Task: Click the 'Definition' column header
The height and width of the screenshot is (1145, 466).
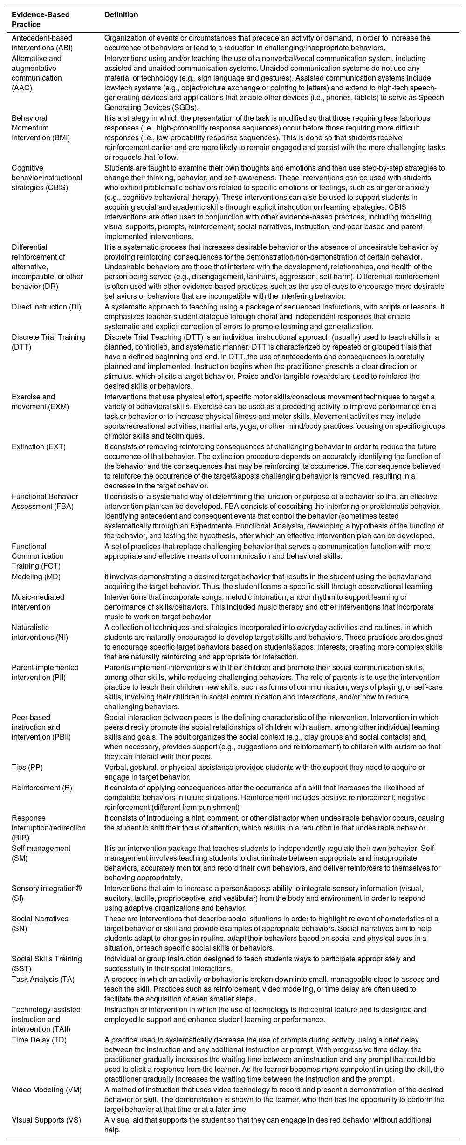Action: tap(121, 15)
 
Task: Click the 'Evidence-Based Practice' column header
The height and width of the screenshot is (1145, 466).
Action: tap(41, 20)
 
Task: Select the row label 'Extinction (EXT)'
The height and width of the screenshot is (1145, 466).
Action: tap(39, 447)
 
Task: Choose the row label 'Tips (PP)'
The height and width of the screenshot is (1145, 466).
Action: tap(27, 768)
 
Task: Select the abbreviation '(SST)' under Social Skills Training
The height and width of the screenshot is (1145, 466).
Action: tap(21, 968)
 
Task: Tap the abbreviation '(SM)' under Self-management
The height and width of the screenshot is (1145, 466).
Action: tap(20, 858)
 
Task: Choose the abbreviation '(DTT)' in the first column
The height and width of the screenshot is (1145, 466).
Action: tap(21, 347)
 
